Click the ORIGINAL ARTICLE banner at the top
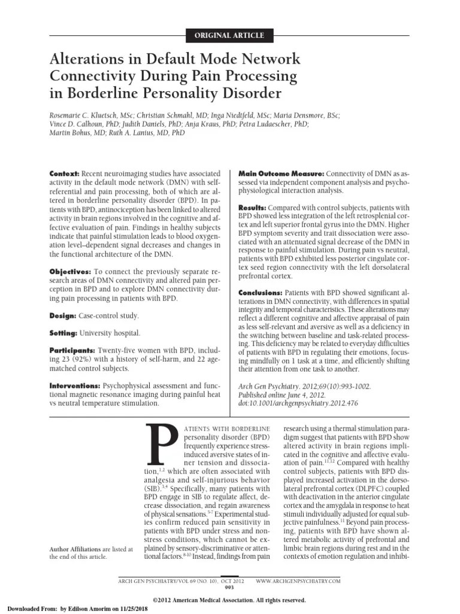[230, 35]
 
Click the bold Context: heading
[64, 173]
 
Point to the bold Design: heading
[62, 315]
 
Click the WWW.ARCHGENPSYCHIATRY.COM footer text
[298, 581]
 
